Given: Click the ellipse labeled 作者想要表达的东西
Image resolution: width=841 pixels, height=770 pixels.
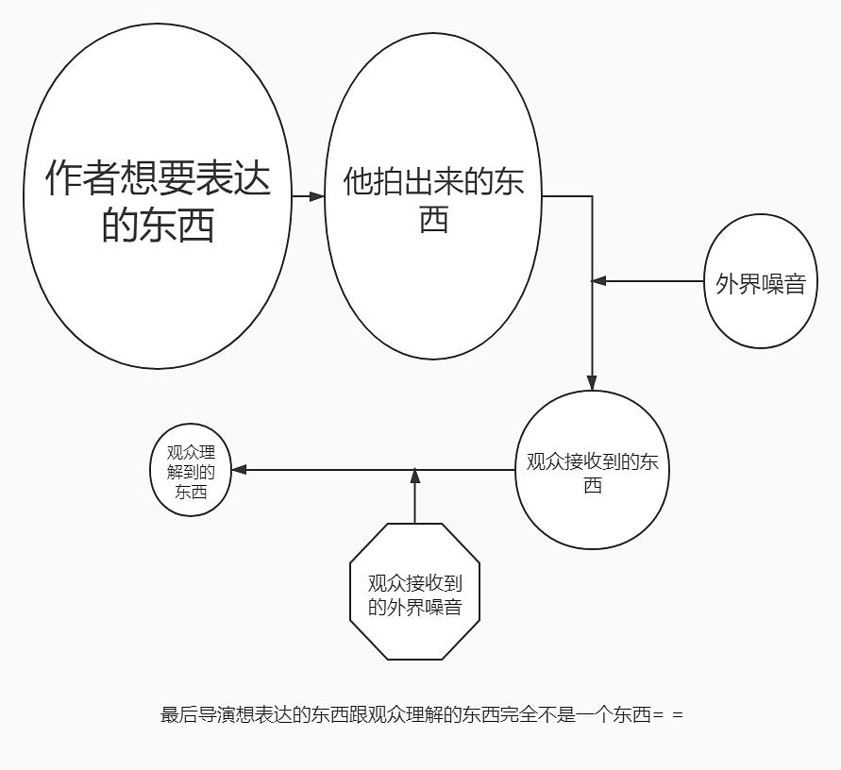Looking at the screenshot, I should tap(158, 196).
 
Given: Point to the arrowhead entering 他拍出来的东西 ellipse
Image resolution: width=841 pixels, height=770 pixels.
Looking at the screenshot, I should tap(316, 196).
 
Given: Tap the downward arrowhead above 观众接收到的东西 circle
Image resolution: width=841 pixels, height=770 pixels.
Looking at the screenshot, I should tap(592, 382).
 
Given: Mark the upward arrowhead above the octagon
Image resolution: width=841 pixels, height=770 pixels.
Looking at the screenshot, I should tap(414, 477).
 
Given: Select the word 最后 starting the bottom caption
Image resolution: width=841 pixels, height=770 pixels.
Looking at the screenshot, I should tap(171, 714).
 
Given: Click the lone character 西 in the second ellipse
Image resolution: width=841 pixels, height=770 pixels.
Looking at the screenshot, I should tap(433, 220).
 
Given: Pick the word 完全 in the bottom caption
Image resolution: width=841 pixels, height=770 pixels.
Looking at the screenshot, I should tap(518, 714).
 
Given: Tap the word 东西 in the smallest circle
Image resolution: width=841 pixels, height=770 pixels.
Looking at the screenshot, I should tap(191, 493).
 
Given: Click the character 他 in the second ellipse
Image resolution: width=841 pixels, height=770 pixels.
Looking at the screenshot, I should tap(355, 181).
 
